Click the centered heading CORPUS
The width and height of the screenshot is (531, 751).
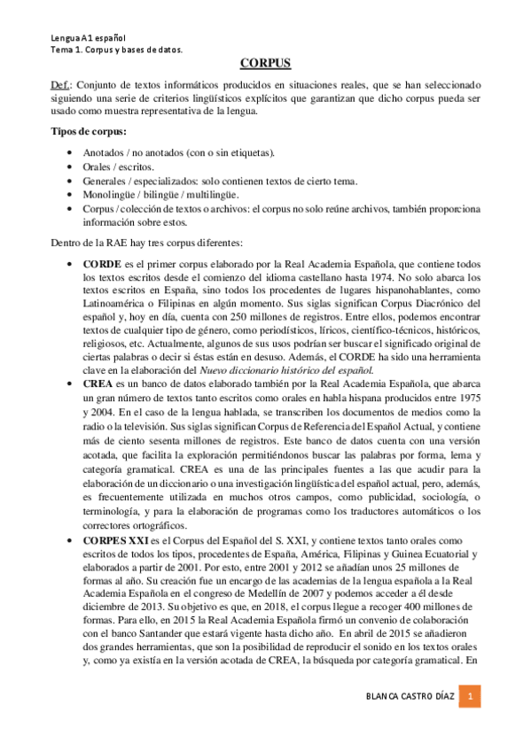click(265, 64)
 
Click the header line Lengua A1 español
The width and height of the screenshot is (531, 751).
click(86, 38)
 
